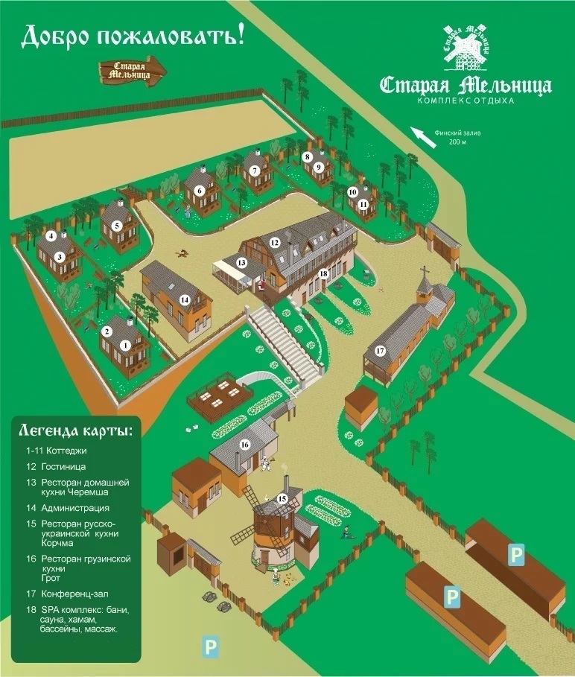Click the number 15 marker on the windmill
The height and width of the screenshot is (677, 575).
point(282,498)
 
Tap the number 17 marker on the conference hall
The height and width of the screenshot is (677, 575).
point(380,350)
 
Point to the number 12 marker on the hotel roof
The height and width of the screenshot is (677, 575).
point(275,242)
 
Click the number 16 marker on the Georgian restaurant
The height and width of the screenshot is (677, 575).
point(244,445)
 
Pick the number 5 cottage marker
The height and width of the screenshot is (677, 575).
point(117,225)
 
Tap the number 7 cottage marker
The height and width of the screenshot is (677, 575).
point(255,171)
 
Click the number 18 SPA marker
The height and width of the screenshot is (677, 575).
point(323,274)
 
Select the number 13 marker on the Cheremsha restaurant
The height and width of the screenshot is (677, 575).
point(241,262)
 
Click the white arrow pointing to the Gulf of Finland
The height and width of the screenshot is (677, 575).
point(425,136)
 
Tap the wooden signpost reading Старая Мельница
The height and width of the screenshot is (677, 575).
point(133,70)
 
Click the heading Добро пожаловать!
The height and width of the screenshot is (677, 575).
point(133,35)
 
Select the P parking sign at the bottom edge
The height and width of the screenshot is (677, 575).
point(212,645)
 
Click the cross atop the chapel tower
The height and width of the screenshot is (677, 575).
point(425,271)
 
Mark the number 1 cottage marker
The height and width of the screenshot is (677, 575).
point(126,345)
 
